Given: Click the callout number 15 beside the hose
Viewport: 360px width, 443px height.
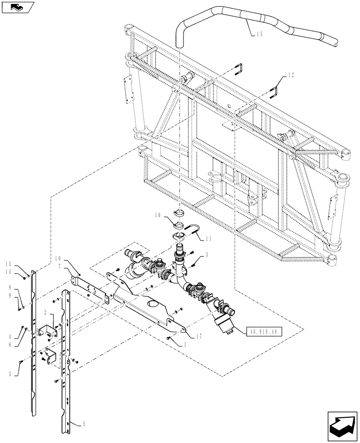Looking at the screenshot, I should click(259, 34).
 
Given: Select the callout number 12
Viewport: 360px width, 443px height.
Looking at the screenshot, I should click(290, 75).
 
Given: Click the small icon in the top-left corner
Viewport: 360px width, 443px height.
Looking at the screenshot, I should click(18, 7).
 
